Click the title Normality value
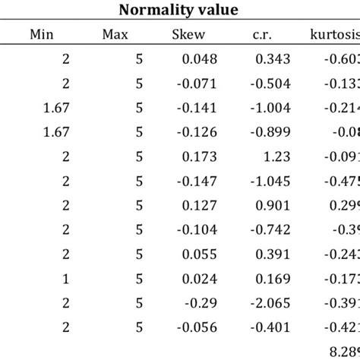pos(179,11)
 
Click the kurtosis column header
pos(335,33)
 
